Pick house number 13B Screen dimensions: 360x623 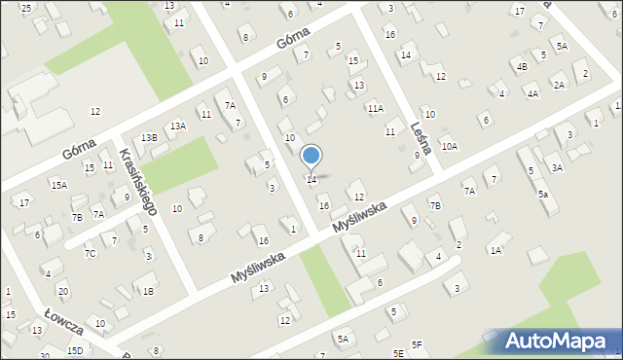[148, 138]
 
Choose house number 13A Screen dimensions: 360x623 [177, 126]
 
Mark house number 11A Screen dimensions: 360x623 [375, 109]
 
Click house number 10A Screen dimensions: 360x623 [448, 146]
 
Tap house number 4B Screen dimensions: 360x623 [522, 67]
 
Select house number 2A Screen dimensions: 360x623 [559, 85]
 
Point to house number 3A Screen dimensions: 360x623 [557, 168]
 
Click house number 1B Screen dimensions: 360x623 [148, 291]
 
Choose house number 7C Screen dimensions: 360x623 [90, 254]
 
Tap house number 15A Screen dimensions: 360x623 [59, 185]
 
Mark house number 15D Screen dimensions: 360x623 [75, 349]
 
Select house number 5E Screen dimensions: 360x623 [398, 352]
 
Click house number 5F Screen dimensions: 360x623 [417, 344]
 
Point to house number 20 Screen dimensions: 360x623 [62, 292]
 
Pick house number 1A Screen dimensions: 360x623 [495, 251]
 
